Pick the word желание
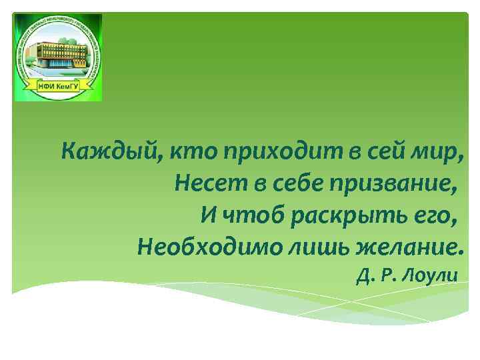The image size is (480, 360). [x=409, y=248]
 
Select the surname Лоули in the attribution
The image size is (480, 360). [x=433, y=275]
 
